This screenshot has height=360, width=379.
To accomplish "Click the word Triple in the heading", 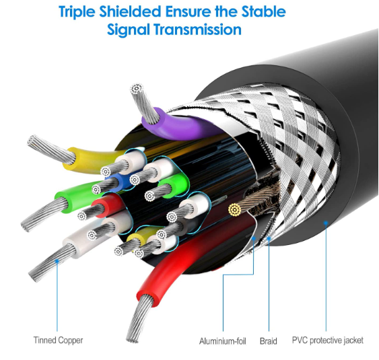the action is [77, 11].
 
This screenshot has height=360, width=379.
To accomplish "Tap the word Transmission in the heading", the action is [197, 30].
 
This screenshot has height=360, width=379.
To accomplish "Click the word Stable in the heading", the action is [264, 11].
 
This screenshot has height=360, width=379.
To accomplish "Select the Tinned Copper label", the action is [58, 340].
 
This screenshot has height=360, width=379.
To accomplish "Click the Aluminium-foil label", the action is [223, 341].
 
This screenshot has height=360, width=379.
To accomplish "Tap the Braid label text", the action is [269, 341].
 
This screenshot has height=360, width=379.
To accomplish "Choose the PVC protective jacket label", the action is [328, 340].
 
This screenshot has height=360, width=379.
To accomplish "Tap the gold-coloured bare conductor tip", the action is [235, 209].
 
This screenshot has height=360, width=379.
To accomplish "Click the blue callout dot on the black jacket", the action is [326, 223].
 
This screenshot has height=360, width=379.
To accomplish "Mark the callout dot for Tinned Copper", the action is [57, 261].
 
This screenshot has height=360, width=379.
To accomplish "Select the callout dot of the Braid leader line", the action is [269, 239].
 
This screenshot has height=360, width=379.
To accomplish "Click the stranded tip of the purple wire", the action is [137, 89].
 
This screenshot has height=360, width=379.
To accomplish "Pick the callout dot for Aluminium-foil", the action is [254, 238].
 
